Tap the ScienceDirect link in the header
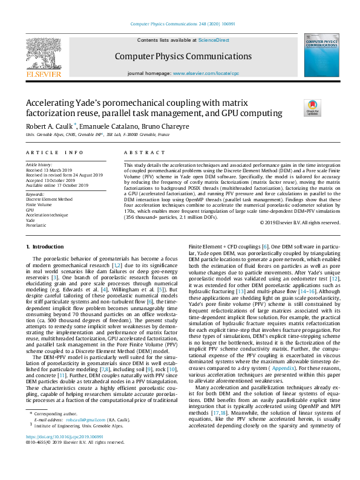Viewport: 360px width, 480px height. pos(214,39)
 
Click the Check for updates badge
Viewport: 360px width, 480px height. pos(312,108)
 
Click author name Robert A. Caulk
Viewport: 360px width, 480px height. pos(51,126)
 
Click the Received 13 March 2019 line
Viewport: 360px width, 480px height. pos(50,170)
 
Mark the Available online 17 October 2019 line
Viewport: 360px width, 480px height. pos(58,184)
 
